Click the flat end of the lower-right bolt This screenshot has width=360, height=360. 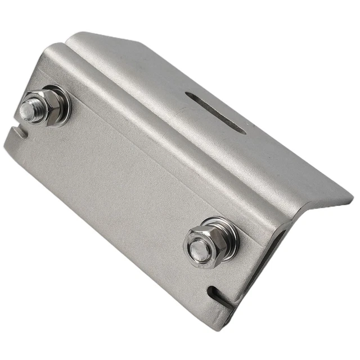(x=198, y=248)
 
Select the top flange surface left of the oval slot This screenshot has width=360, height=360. (x=141, y=79)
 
